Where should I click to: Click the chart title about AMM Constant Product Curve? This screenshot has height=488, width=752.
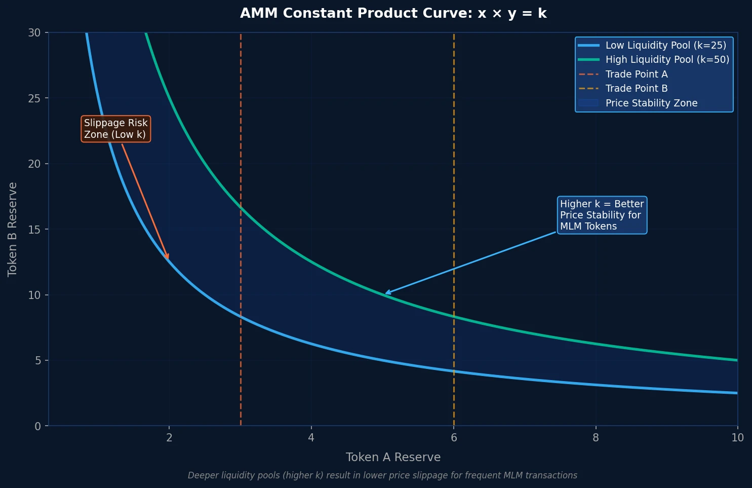pyautogui.click(x=393, y=14)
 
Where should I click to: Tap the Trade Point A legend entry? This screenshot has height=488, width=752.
pyautogui.click(x=636, y=74)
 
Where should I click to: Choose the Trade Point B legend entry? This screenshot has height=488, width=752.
pyautogui.click(x=636, y=88)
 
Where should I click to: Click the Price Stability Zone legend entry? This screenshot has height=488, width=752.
pyautogui.click(x=651, y=103)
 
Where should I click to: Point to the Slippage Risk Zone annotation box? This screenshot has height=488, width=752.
pyautogui.click(x=115, y=129)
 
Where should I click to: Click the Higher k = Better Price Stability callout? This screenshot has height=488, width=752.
pyautogui.click(x=602, y=215)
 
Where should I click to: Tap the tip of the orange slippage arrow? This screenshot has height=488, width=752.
pyautogui.click(x=169, y=259)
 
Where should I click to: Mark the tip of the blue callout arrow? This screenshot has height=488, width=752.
pyautogui.click(x=385, y=293)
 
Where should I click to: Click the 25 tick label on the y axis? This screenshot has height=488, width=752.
pyautogui.click(x=34, y=98)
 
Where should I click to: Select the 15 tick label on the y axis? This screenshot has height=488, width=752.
pyautogui.click(x=34, y=229)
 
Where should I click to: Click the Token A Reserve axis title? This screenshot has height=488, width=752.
pyautogui.click(x=393, y=457)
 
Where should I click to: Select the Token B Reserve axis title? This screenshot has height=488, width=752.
pyautogui.click(x=13, y=229)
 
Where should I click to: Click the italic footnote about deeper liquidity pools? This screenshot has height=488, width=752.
pyautogui.click(x=382, y=475)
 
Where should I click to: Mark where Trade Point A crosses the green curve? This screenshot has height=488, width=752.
pyautogui.click(x=241, y=207)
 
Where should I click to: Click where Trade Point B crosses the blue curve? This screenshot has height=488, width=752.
pyautogui.click(x=454, y=371)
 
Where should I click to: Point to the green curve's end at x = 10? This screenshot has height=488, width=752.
pyautogui.click(x=737, y=360)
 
